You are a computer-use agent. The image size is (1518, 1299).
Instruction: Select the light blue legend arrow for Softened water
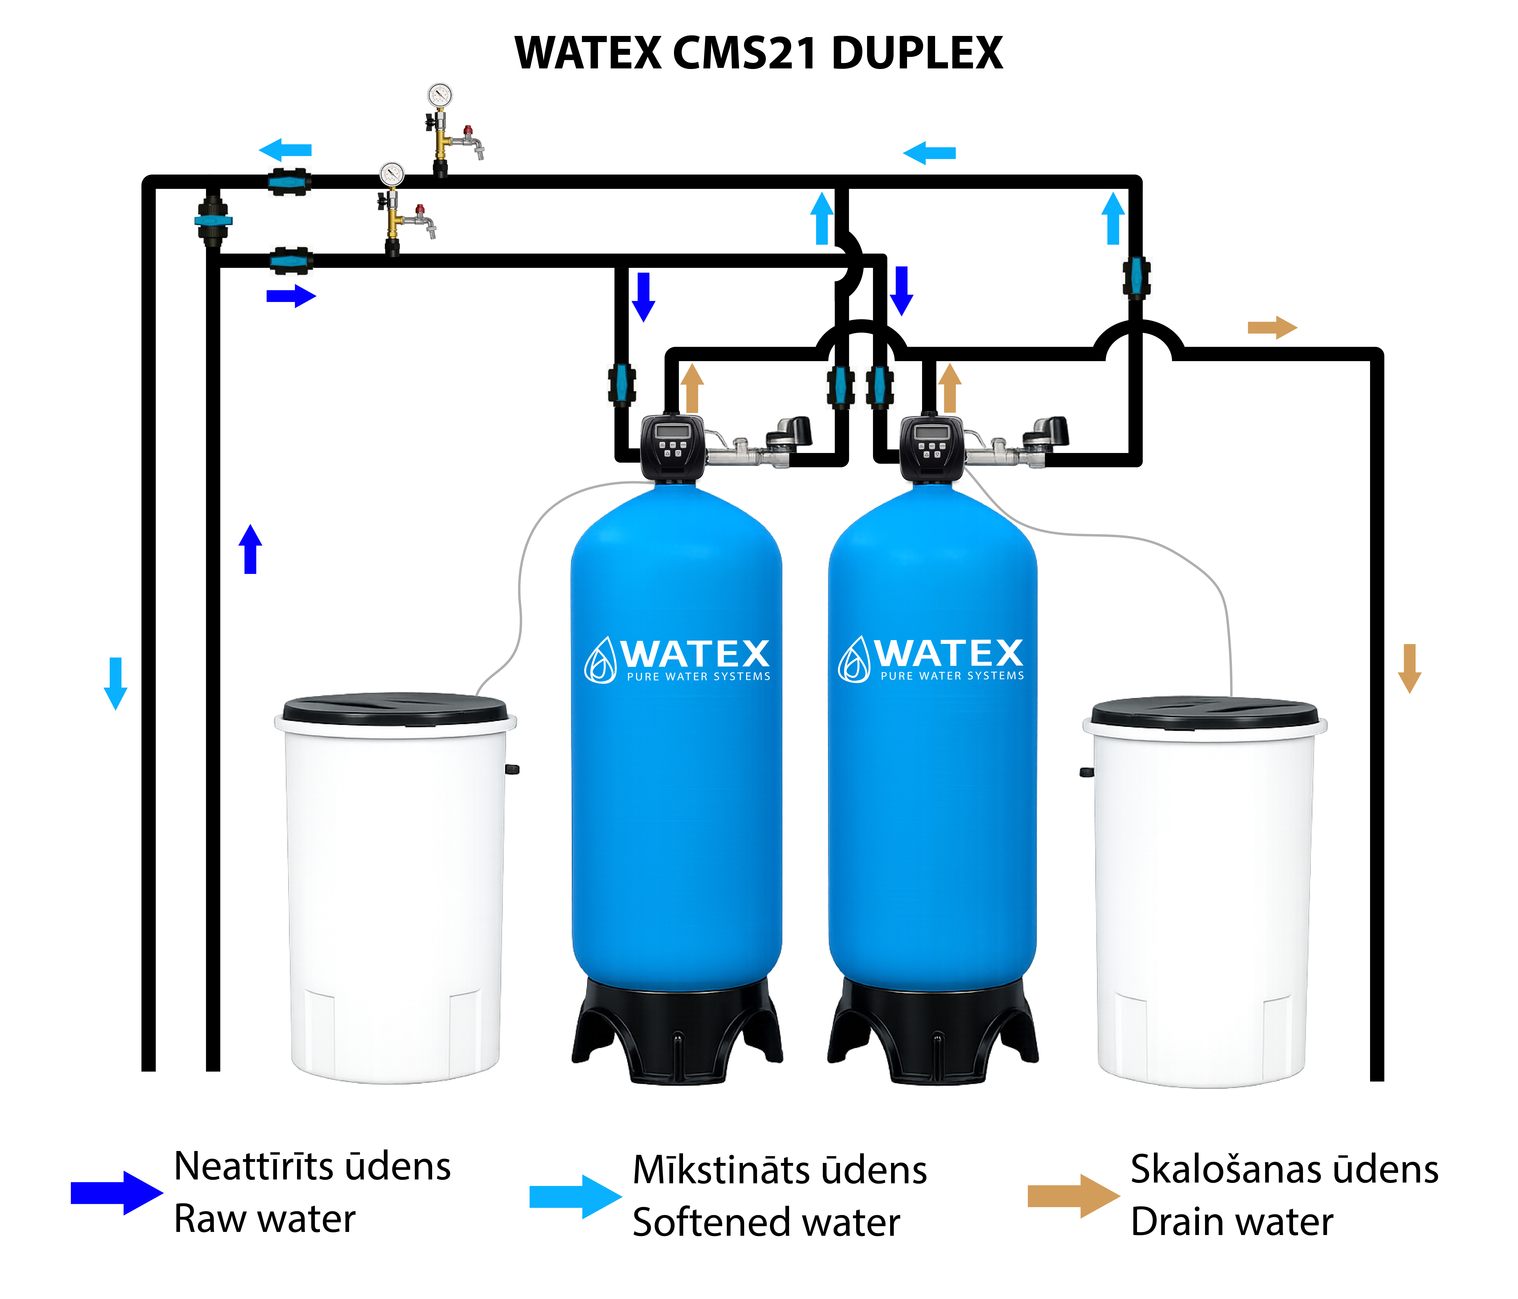pyautogui.click(x=575, y=1196)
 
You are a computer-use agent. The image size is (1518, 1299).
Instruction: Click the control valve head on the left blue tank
pyautogui.click(x=673, y=447)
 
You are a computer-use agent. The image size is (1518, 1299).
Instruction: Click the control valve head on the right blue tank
pyautogui.click(x=931, y=447)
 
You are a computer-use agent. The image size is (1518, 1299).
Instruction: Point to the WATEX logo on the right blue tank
pyautogui.click(x=930, y=658)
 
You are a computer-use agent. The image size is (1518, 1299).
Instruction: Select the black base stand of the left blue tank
pyautogui.click(x=677, y=1029)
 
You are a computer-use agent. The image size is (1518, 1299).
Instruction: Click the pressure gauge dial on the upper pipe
pyautogui.click(x=440, y=95)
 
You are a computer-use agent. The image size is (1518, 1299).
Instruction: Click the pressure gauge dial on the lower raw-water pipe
pyautogui.click(x=392, y=174)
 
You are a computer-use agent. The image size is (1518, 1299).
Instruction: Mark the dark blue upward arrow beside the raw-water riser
pyautogui.click(x=251, y=549)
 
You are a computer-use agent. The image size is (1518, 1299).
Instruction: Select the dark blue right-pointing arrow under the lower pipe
pyautogui.click(x=291, y=296)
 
